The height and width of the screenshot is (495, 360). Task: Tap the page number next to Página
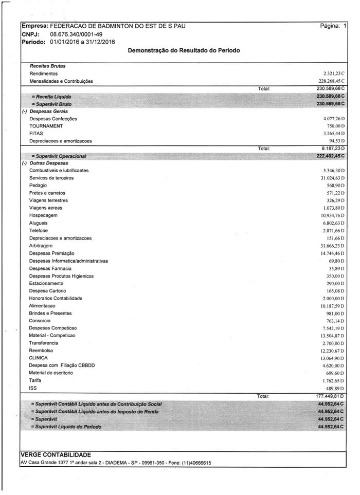tap(345, 25)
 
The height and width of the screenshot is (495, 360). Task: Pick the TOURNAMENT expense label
tap(46, 126)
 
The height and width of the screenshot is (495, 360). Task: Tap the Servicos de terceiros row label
tap(51, 178)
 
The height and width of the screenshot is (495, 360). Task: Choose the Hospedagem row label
tap(44, 215)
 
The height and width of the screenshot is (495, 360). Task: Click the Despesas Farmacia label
tap(50, 268)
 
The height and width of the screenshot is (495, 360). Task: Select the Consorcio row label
tap(40, 321)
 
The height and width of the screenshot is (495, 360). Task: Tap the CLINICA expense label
tap(39, 358)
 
